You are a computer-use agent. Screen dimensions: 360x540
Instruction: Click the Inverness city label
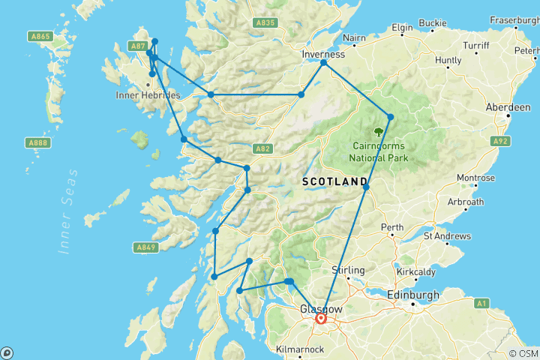[323, 54]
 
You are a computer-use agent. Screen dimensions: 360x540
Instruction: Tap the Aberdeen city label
[508, 108]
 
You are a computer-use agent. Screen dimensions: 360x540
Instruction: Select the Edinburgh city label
[413, 295]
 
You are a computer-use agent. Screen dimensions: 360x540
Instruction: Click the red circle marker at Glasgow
[321, 319]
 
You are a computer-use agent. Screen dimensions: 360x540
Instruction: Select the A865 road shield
[40, 35]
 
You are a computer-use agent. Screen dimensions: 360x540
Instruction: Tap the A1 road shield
[481, 303]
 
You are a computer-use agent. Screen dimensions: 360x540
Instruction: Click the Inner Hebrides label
[148, 96]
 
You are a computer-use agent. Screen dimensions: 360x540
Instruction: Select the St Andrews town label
[447, 235]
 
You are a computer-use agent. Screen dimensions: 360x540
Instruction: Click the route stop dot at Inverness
[324, 63]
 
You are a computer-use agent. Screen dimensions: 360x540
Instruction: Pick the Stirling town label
[348, 270]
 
